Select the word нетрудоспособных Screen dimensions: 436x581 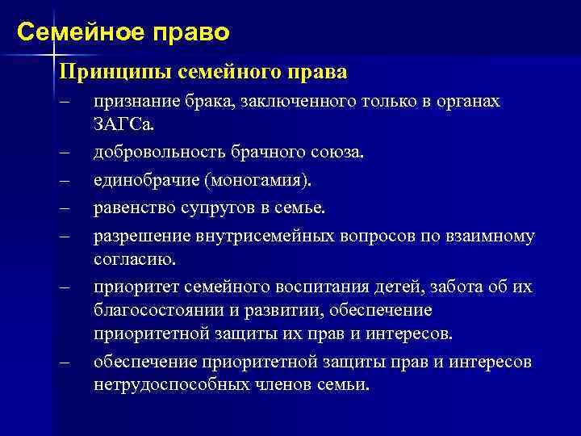(x=160, y=384)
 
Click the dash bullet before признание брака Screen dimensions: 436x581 (x=65, y=103)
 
